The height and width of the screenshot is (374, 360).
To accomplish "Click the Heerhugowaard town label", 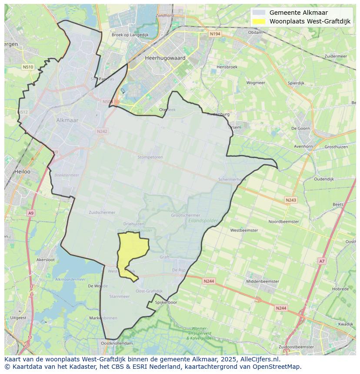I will (165, 58).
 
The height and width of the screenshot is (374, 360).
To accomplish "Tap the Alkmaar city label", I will (67, 120).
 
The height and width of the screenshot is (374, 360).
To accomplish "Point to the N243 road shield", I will (291, 200).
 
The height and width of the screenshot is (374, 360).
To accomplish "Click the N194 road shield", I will (214, 34).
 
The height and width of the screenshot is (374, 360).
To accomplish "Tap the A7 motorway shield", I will (321, 261).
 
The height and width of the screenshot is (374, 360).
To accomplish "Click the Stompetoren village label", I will (150, 157).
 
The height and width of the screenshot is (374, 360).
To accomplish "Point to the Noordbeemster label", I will (283, 222).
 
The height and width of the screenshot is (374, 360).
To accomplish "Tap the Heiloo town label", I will (22, 172).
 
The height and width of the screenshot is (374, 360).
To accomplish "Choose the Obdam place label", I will (255, 32).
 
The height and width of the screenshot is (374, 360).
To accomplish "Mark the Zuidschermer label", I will (102, 212).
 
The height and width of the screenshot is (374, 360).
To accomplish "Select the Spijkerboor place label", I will (166, 302).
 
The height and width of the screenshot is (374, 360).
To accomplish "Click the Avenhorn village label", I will (303, 146).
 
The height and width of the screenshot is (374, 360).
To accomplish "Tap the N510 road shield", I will (27, 67).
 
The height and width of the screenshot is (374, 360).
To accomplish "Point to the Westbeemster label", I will (244, 230).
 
